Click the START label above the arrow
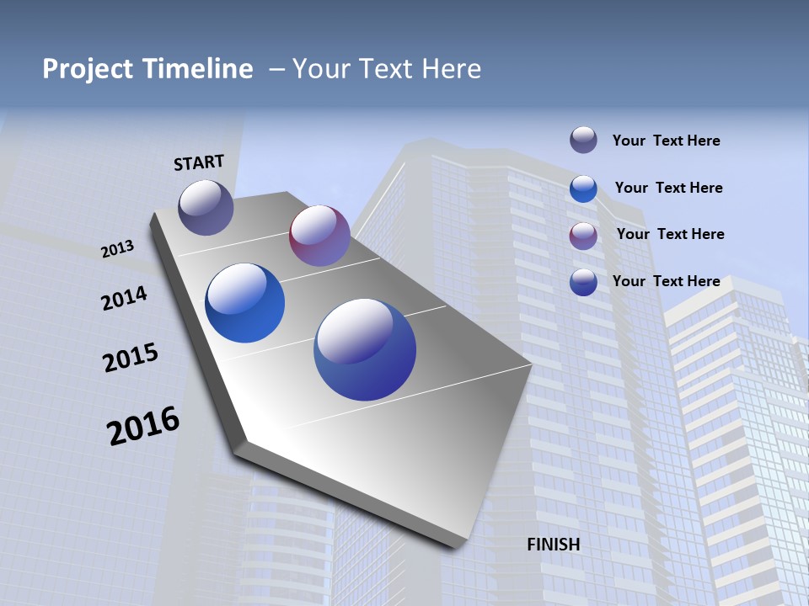[x=199, y=162]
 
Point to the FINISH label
[x=554, y=545]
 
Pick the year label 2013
[x=117, y=249]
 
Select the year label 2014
[x=124, y=298]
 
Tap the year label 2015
[x=131, y=358]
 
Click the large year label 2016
[x=143, y=426]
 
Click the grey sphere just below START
[x=206, y=207]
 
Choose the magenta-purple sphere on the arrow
[x=319, y=236]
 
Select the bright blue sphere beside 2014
[x=244, y=303]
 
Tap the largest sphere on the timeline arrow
[x=365, y=349]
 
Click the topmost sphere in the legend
[x=583, y=140]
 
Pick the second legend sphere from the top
[x=583, y=189]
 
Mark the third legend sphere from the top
[x=583, y=236]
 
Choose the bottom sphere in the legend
[x=583, y=282]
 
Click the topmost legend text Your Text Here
[x=666, y=141]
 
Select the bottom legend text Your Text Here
[x=666, y=281]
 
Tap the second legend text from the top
[x=668, y=188]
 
